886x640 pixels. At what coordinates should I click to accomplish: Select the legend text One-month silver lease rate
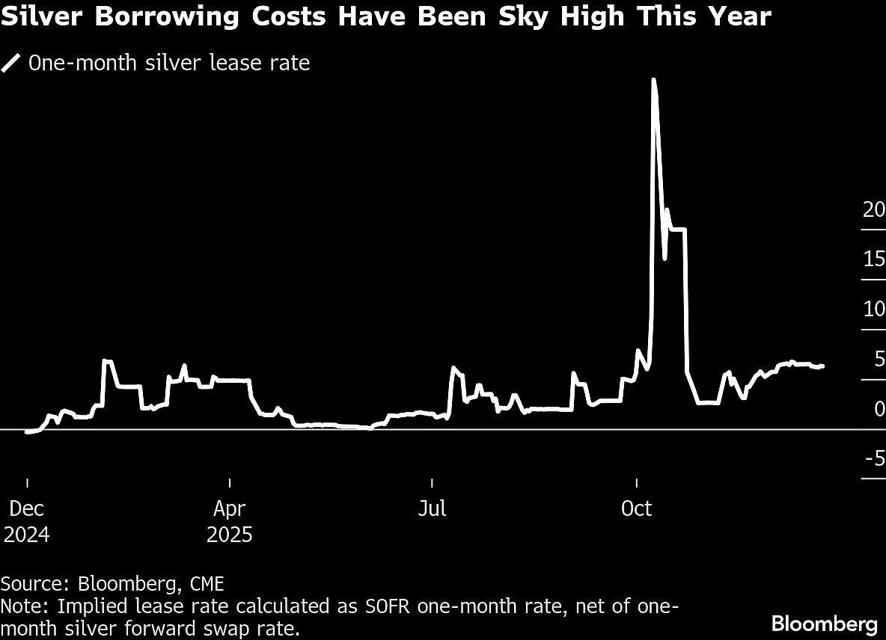169,63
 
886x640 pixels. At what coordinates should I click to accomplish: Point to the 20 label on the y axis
873,210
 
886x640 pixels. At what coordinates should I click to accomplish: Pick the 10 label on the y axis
873,310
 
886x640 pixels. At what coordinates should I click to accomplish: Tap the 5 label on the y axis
879,360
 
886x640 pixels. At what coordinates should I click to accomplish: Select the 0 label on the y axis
879,409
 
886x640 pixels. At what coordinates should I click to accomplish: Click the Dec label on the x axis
27,509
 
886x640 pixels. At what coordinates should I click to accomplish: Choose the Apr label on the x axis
229,509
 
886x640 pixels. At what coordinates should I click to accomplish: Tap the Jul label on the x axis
432,509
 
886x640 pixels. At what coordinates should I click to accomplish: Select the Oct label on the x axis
636,509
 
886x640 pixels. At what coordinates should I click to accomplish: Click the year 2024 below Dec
27,535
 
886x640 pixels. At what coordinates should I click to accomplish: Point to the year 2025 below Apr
230,535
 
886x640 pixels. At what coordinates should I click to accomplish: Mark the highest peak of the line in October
653,79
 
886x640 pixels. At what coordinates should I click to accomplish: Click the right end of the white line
823,366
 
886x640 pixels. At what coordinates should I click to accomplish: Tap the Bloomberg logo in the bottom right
824,623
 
